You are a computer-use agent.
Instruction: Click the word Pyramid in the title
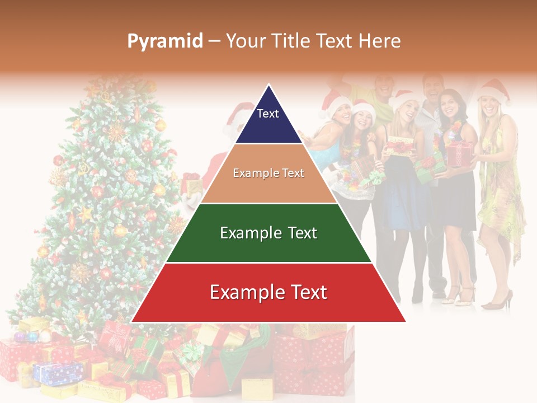164,41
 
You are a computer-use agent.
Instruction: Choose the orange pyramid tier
268,174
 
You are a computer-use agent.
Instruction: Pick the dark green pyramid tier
268,233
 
